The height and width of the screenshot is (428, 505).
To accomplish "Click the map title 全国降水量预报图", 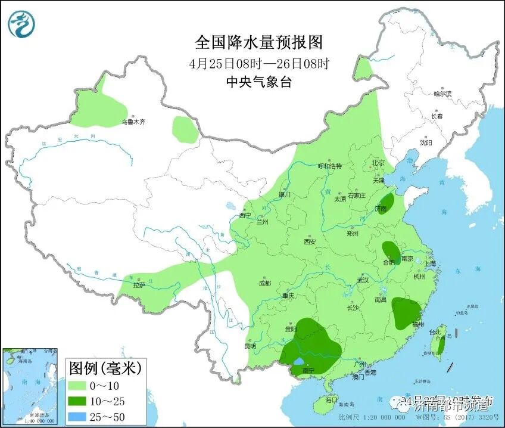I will click(x=258, y=42).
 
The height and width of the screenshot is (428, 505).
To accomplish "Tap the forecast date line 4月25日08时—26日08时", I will click(x=258, y=63).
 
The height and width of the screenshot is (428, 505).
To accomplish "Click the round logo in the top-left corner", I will click(x=21, y=24).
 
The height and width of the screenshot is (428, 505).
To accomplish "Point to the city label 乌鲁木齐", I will click(x=133, y=122).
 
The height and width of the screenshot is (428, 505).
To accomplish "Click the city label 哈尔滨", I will click(x=442, y=94).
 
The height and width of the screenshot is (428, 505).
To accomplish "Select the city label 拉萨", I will click(x=139, y=285).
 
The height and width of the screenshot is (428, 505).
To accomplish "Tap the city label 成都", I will click(x=265, y=283).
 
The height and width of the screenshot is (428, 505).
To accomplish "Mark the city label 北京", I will click(x=378, y=163).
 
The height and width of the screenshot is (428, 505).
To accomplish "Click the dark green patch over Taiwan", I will click(x=441, y=345).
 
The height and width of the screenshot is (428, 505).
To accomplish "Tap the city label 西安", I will click(x=309, y=241).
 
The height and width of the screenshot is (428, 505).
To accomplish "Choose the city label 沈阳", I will click(x=426, y=142).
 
